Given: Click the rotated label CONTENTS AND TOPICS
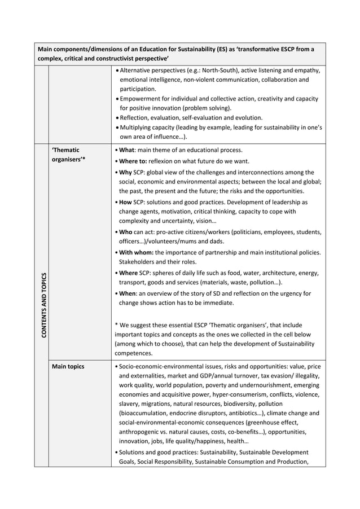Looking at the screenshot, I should tap(43, 305).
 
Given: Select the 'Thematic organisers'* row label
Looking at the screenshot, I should tap(68, 155).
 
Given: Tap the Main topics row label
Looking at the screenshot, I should tap(68, 367).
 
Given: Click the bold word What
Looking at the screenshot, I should tap(126, 150).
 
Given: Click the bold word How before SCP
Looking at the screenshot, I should tap(126, 201).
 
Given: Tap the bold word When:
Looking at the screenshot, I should tap(129, 293).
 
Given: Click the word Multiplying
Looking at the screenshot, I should tap(137, 128).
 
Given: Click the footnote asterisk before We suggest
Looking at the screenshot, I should tap(116, 326).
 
